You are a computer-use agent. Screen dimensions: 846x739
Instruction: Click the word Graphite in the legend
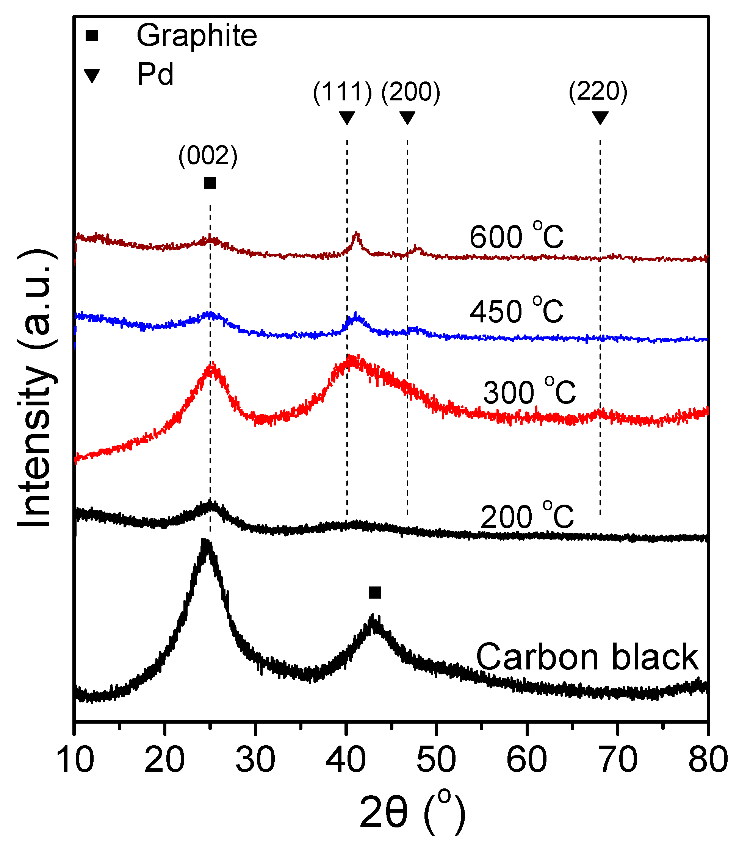[x=197, y=36]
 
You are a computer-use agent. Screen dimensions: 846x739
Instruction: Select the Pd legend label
[x=155, y=75]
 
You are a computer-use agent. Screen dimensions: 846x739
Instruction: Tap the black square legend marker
[x=92, y=36]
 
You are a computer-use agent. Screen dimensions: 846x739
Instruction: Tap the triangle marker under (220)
[x=600, y=117]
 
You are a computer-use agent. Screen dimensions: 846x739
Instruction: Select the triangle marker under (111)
[x=347, y=117]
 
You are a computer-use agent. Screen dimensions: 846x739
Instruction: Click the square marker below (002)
[x=210, y=183]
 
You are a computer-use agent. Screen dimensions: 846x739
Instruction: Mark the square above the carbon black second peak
[x=375, y=593]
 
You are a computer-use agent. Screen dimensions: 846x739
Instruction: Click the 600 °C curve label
[x=516, y=236]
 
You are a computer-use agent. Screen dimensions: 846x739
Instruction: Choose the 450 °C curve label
[x=516, y=311]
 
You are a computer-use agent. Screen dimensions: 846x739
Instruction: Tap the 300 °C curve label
[x=529, y=392]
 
